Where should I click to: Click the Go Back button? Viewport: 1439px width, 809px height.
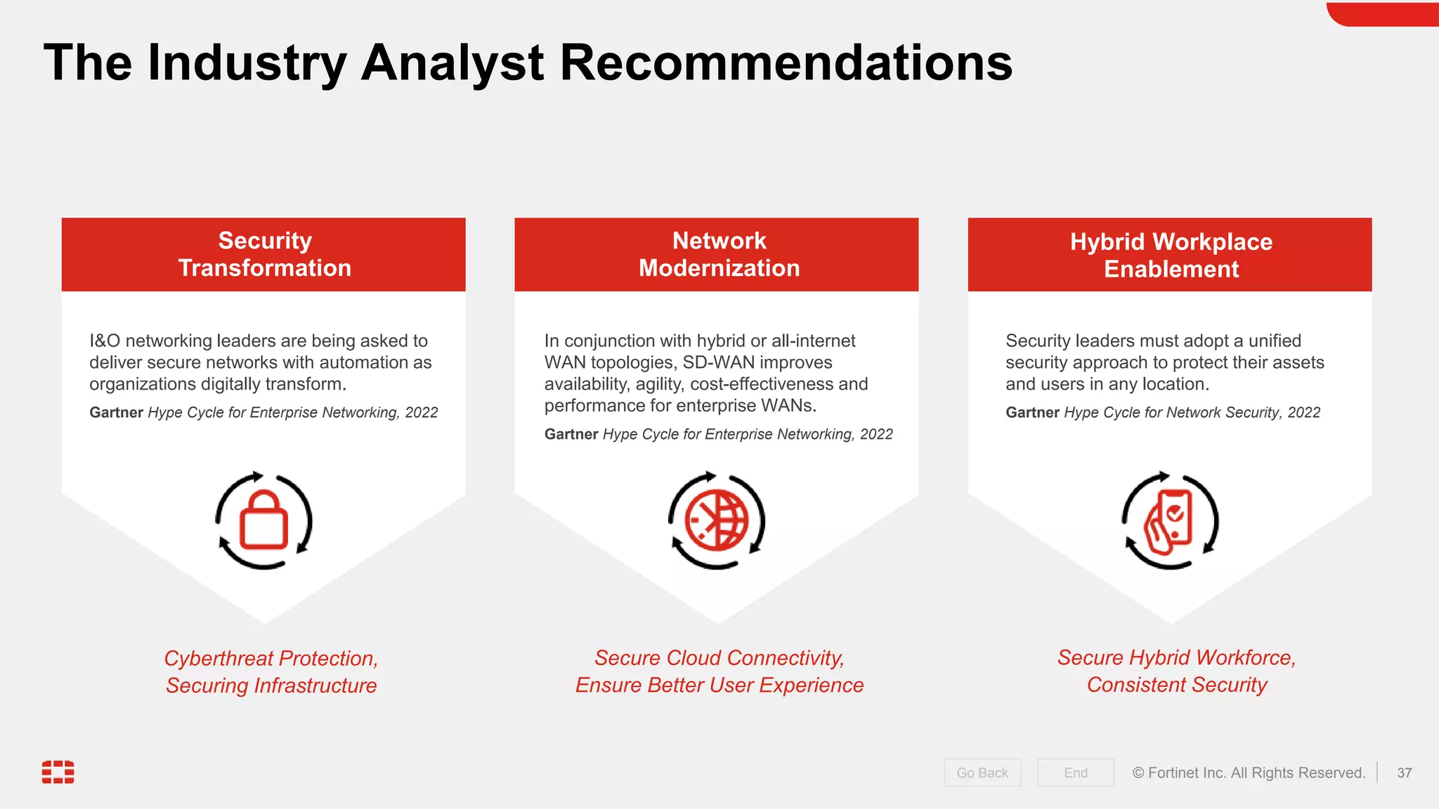click(982, 772)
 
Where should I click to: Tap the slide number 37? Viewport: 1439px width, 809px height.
click(1404, 772)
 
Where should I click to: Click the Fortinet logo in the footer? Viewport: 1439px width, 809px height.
click(58, 772)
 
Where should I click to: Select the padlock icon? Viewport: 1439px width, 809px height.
click(263, 521)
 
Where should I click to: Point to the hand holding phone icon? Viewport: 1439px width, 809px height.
click(1169, 521)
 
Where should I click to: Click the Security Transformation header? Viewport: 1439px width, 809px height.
click(264, 254)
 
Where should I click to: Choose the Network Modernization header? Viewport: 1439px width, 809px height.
click(718, 254)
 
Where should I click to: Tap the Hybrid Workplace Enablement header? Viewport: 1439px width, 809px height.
click(1171, 255)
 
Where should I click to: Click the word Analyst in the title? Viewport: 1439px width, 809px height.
click(452, 63)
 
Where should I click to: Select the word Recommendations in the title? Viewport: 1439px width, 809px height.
click(786, 63)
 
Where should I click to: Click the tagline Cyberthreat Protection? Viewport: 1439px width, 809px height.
click(271, 658)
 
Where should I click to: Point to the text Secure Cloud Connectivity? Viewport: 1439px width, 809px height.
click(719, 657)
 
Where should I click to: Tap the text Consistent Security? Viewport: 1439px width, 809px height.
click(1177, 685)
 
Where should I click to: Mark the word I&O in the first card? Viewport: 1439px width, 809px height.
click(105, 341)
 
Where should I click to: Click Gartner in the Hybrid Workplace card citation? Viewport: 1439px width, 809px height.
click(1031, 412)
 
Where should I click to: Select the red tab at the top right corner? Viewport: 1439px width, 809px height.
click(1383, 14)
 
